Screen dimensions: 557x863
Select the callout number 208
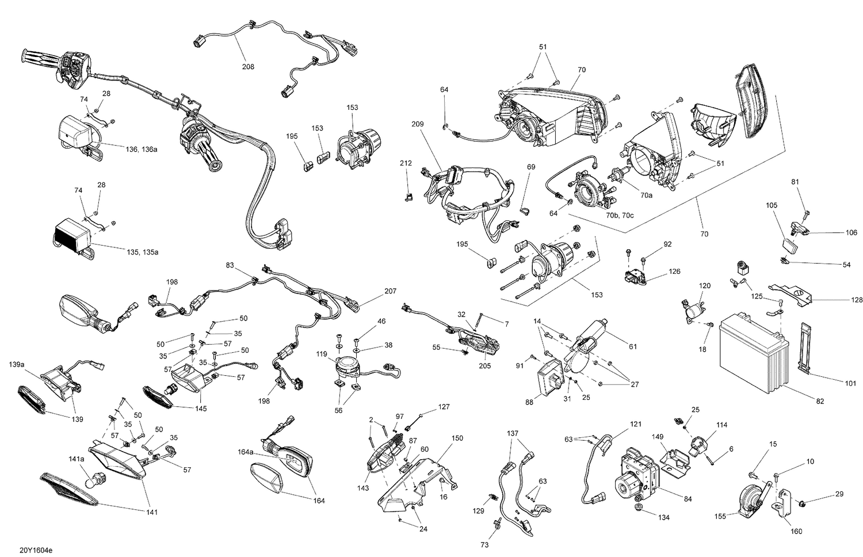pos(247,67)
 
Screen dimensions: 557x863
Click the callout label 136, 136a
pos(141,150)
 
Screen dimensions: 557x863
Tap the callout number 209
pos(418,124)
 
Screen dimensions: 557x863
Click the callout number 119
pos(322,354)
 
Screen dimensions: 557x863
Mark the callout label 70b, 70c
pos(619,215)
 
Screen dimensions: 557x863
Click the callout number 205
pos(484,366)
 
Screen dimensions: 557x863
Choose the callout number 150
pos(457,438)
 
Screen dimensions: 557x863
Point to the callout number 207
pos(391,291)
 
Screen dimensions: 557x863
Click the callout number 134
pos(664,517)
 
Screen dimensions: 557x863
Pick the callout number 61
pos(633,347)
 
